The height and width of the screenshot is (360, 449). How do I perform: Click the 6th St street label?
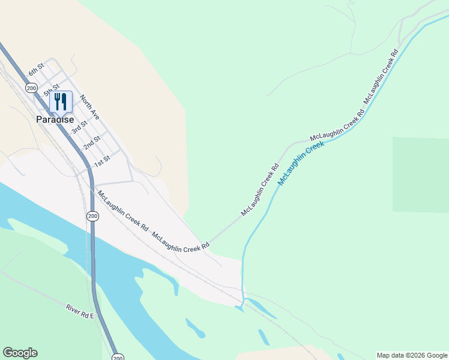click(37, 70)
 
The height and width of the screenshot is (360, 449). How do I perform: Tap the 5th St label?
click(52, 91)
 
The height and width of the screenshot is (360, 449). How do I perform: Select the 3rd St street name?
click(79, 127)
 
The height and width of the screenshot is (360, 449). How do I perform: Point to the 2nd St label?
click(92, 143)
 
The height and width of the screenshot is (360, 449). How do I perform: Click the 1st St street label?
click(103, 160)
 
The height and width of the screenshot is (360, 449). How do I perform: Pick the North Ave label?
click(88, 106)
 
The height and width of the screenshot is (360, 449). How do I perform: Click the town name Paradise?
click(55, 119)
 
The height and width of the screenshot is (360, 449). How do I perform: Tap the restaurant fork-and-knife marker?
click(61, 101)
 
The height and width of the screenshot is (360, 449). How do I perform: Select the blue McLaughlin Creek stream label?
click(301, 162)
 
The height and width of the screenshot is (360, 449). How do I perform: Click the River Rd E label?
click(80, 311)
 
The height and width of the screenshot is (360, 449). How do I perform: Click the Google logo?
click(20, 353)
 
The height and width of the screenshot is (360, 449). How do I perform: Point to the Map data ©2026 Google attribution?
click(411, 355)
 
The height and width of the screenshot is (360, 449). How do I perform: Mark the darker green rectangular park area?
click(420, 174)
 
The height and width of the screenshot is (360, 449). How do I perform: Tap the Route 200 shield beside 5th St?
click(31, 88)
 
